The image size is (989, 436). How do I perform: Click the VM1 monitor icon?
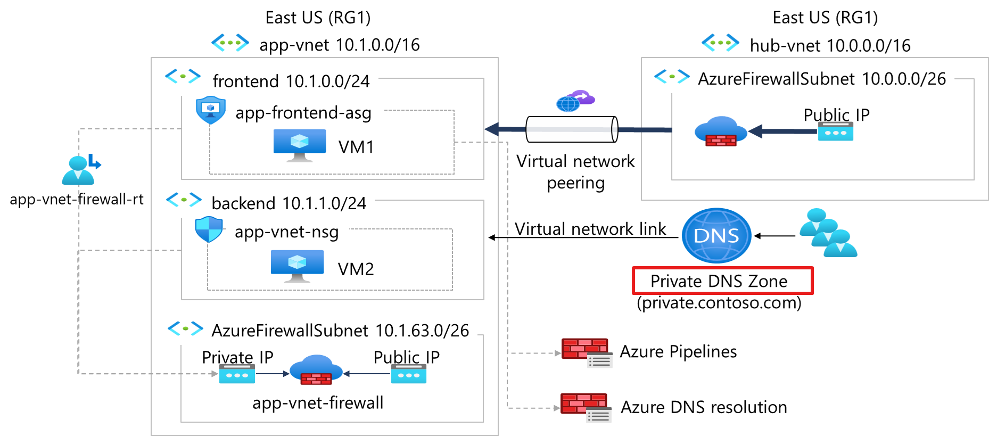point(300,145)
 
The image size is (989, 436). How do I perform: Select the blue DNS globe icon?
point(716,235)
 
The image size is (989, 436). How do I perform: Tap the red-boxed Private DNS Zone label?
point(722,281)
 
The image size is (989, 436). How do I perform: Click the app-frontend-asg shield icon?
point(211,110)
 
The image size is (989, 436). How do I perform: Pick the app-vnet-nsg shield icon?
point(209,229)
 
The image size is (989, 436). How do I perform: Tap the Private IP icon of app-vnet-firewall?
point(237,374)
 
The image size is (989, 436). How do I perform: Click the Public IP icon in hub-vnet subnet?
point(835,131)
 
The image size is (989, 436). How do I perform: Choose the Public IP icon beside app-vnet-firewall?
point(408,374)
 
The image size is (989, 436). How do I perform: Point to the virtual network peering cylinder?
point(572,129)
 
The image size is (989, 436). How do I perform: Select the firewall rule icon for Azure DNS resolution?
point(586,407)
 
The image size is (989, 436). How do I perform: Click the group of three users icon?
point(828,233)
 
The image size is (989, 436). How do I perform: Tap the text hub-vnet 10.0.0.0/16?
point(830,46)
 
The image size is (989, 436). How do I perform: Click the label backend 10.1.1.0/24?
point(289,203)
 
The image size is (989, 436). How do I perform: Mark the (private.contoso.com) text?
point(719,303)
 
